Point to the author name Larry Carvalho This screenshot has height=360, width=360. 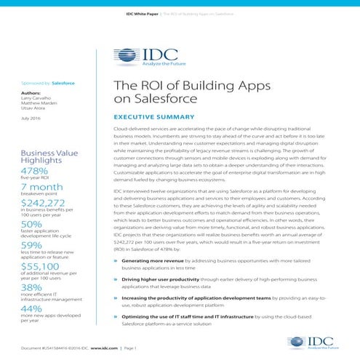(39, 99)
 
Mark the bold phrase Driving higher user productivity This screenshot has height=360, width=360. (164, 278)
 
